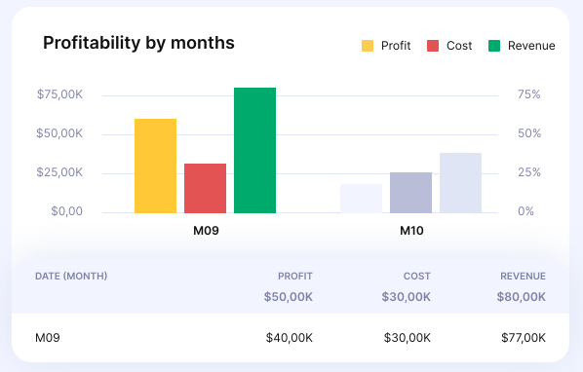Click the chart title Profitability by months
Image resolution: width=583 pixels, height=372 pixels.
click(138, 44)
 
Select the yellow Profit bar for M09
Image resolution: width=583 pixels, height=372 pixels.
click(155, 166)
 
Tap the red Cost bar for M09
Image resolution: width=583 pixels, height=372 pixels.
click(205, 188)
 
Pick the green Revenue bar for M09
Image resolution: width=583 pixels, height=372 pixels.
click(254, 150)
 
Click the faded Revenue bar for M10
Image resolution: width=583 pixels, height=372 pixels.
click(460, 182)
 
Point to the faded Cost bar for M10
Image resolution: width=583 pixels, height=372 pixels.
click(410, 192)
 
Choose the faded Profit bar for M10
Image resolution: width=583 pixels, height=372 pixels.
click(361, 198)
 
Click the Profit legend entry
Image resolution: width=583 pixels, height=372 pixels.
click(387, 46)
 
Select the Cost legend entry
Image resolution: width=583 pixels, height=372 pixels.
click(449, 46)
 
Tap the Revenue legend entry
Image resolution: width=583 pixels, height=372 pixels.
click(522, 46)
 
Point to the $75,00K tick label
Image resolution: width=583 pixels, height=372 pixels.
click(59, 94)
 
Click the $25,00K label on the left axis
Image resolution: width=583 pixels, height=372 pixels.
click(59, 172)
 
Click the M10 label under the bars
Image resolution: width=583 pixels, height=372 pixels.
click(411, 232)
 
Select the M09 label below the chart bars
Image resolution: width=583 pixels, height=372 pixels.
click(205, 232)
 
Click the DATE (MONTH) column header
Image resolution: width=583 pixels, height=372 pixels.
click(71, 276)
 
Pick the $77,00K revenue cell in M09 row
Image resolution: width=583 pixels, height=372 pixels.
click(522, 338)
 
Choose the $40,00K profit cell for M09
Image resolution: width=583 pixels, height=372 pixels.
click(289, 338)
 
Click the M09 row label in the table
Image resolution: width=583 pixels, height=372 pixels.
click(48, 338)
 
